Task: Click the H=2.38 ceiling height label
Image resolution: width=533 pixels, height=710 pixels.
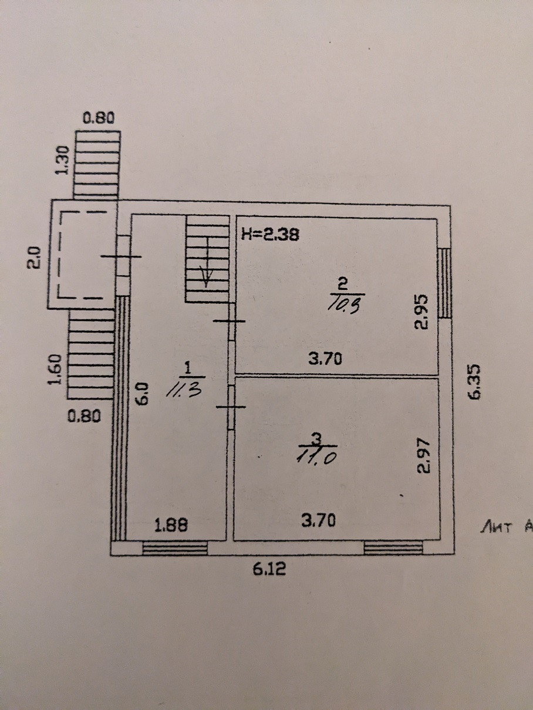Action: coord(271,235)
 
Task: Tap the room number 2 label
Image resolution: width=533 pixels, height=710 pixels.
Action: coord(344,284)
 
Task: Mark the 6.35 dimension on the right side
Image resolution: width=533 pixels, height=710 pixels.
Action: coord(474,382)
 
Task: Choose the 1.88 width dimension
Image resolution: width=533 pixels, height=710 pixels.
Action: coord(171,526)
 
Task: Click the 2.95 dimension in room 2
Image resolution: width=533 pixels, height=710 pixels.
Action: coord(421,313)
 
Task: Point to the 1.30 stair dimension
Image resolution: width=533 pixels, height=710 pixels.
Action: coord(65,160)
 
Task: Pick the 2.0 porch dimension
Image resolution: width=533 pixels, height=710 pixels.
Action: coord(35,258)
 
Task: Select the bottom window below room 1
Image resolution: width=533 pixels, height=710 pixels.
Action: coord(175,548)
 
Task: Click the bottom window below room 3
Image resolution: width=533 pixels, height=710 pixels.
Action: coord(393,548)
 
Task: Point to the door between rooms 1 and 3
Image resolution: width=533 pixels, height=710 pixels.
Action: coord(231,407)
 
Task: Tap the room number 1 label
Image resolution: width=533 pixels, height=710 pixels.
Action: coord(188,368)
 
